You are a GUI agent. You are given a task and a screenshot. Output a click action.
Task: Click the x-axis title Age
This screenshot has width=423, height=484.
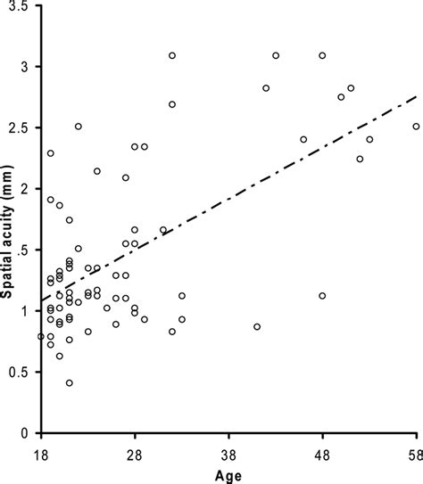pyautogui.click(x=227, y=473)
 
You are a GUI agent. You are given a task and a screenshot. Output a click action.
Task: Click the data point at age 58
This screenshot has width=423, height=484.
pyautogui.click(x=416, y=127)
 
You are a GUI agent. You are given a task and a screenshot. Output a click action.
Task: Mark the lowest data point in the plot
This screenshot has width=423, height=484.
pyautogui.click(x=69, y=382)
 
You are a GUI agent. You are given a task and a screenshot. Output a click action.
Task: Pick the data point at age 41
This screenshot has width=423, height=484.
pyautogui.click(x=257, y=326)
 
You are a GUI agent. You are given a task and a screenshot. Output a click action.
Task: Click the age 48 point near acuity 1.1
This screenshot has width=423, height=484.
pyautogui.click(x=322, y=296)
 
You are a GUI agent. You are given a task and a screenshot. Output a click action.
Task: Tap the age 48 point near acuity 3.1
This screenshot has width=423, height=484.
pyautogui.click(x=322, y=55)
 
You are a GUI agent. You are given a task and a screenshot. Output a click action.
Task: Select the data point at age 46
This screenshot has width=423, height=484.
pyautogui.click(x=303, y=139)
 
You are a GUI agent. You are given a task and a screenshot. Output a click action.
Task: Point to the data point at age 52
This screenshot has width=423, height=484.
pyautogui.click(x=360, y=159)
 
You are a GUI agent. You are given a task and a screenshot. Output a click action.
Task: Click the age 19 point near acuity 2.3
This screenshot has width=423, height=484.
pyautogui.click(x=51, y=153)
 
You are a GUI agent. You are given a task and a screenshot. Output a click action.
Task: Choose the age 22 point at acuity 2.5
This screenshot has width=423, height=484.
pyautogui.click(x=79, y=127)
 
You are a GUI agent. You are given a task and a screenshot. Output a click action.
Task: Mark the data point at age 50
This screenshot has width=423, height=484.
pyautogui.click(x=341, y=97)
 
